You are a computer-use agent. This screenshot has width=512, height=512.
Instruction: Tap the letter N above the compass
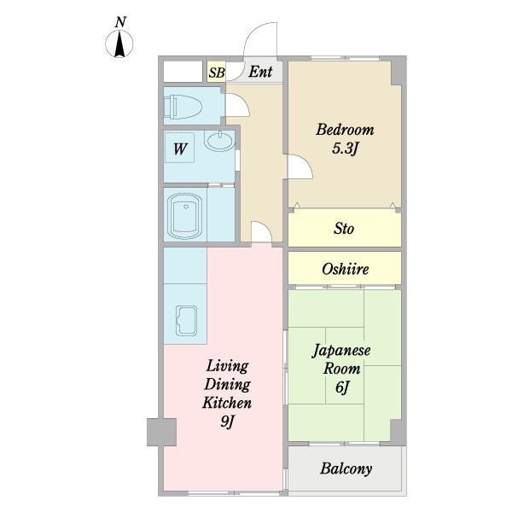[122, 20]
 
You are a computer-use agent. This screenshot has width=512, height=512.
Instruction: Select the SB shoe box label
[216, 72]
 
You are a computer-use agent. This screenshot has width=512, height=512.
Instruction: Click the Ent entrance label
[260, 72]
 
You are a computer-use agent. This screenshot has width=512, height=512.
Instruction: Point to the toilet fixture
[183, 107]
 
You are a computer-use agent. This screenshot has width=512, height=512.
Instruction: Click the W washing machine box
[181, 149]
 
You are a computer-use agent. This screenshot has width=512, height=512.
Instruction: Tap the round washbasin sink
[218, 142]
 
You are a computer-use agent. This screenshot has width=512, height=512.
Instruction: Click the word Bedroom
[345, 130]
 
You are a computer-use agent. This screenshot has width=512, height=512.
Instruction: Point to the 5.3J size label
[346, 148]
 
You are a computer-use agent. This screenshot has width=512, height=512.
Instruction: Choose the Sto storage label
[344, 229]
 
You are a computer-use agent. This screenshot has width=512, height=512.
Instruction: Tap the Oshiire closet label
[345, 269]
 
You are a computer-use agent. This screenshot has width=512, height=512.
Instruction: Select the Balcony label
[346, 468]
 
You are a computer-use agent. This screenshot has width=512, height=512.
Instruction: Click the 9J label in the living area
[226, 421]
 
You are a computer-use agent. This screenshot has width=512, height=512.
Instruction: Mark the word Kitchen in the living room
[226, 403]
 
